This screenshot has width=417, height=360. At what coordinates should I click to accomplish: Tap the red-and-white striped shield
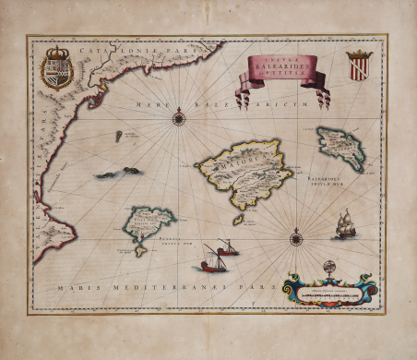pos(359,64)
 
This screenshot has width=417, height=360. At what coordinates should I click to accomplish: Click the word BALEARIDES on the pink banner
pos(283,67)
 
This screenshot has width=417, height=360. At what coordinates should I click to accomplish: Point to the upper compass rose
pos(180,116)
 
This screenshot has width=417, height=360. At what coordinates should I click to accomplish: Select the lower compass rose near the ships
pos(296,238)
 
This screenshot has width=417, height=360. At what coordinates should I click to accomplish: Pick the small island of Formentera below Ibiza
pos(139,250)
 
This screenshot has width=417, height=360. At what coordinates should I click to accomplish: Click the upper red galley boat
pos(225,248)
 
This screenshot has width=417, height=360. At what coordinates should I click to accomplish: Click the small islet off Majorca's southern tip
pos(237,220)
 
